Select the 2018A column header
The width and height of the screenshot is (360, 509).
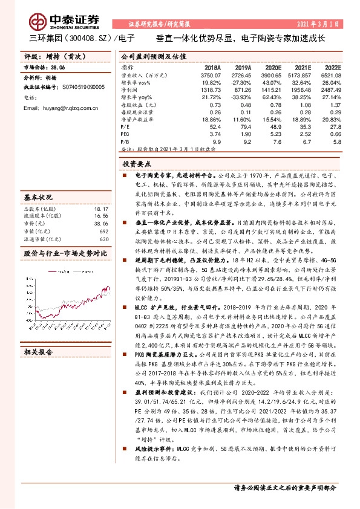(213, 67)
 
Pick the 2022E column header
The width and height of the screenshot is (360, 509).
(333, 67)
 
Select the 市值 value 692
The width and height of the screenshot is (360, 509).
(103, 231)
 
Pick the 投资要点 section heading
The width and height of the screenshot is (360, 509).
(137, 164)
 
